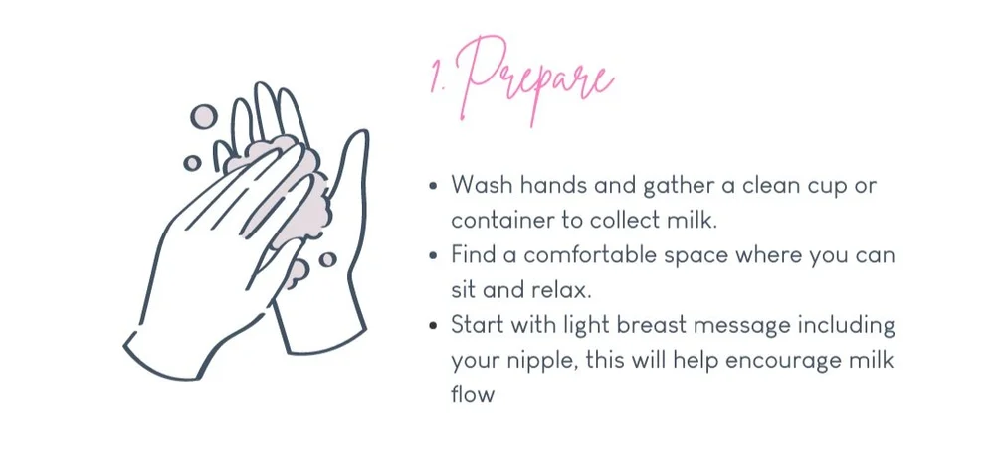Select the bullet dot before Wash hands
point(432,186)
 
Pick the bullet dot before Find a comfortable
point(432,255)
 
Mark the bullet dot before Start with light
point(432,325)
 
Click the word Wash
point(480,185)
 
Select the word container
point(497,220)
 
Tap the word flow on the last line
point(472,394)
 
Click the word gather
point(645,186)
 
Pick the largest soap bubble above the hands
point(203,116)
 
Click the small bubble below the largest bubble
point(192,162)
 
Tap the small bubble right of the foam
point(327,259)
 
